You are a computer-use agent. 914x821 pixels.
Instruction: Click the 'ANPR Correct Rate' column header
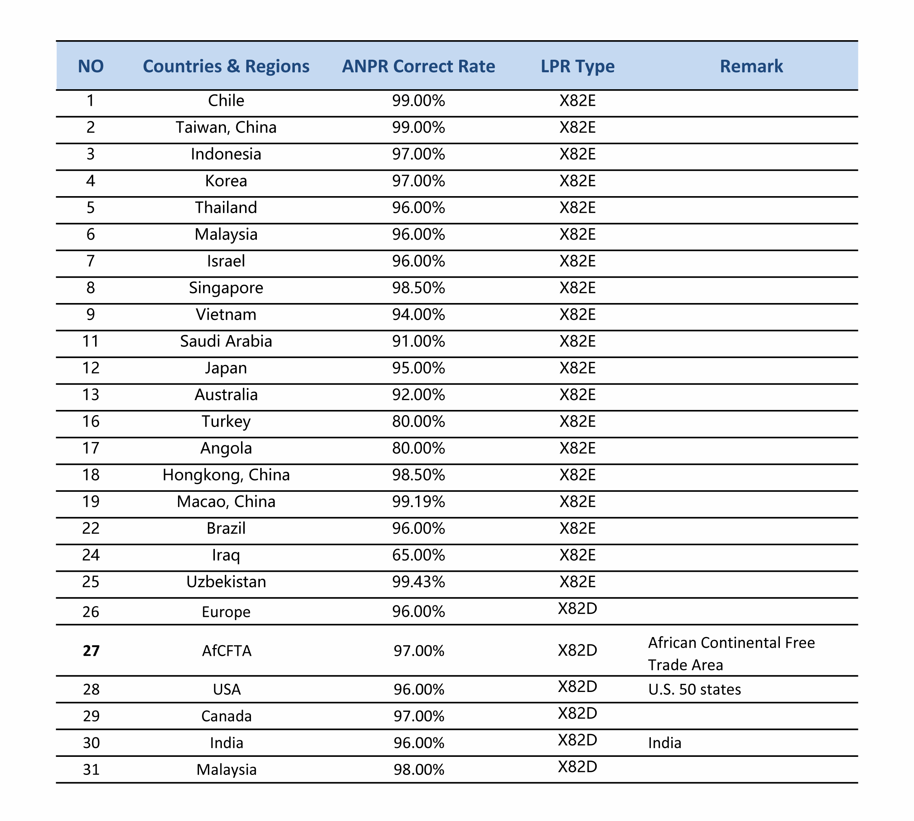point(418,66)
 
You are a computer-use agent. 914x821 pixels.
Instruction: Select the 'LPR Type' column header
point(577,66)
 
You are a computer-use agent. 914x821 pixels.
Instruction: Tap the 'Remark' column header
point(751,66)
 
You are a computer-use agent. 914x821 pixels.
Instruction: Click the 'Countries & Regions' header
point(226,66)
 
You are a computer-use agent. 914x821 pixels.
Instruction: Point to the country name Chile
point(226,101)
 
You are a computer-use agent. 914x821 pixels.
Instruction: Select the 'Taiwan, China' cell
point(226,127)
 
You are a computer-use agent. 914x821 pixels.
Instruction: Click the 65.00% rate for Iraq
point(418,555)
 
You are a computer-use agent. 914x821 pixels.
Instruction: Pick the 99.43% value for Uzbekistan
point(418,582)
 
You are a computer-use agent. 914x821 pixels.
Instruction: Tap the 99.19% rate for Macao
point(418,502)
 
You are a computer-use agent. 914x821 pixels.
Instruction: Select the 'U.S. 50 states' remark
point(694,690)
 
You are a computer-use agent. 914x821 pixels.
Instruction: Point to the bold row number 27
point(91,651)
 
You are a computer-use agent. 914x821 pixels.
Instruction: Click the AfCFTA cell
point(226,651)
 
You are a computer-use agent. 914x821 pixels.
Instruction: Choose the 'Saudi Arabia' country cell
point(226,341)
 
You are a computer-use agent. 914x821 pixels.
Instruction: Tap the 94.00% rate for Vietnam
point(418,314)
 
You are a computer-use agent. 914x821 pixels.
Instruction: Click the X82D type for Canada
point(577,713)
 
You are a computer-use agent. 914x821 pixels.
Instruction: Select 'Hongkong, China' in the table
point(226,475)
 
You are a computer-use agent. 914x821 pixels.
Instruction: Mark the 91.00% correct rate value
point(418,341)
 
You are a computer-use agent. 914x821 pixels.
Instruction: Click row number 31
point(91,770)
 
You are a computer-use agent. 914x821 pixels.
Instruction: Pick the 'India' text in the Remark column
point(664,743)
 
